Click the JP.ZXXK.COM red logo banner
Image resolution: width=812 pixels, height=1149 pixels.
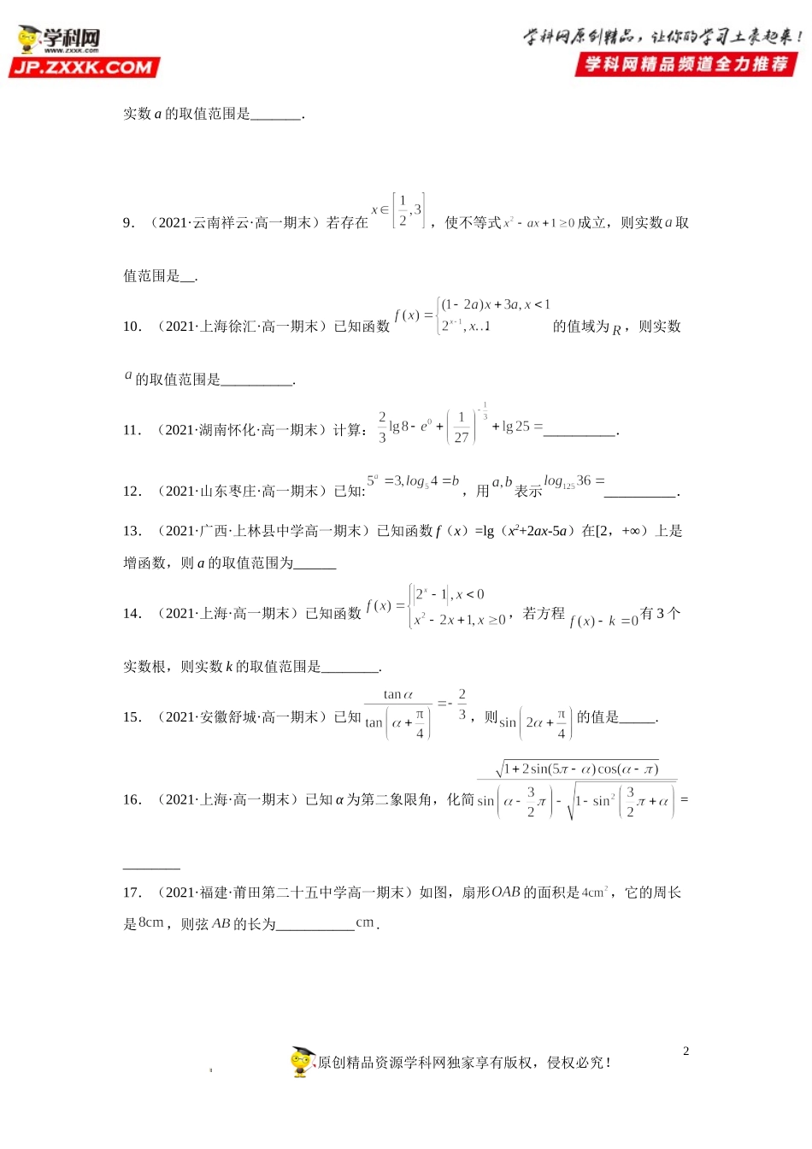point(84,68)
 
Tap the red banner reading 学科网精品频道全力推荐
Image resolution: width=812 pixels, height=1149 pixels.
point(686,64)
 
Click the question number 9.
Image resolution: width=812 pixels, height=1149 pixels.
point(128,223)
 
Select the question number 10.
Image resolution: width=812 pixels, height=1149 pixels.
point(132,327)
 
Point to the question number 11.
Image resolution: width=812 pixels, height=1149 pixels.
point(132,430)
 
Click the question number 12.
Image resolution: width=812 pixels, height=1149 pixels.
point(132,492)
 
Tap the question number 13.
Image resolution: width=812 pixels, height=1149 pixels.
point(132,532)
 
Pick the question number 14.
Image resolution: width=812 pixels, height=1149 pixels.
point(132,614)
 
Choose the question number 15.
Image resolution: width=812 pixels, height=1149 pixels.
point(132,717)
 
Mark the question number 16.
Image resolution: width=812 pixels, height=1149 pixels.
point(132,800)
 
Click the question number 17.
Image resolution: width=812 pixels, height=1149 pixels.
point(132,893)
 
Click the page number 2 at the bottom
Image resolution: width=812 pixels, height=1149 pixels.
point(685,1052)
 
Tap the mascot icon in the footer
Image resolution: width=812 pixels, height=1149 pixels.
point(303,1061)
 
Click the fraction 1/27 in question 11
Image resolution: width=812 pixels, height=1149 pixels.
point(462,427)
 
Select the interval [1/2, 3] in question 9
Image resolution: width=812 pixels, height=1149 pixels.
point(408,210)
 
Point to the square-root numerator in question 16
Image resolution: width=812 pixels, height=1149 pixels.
point(578,769)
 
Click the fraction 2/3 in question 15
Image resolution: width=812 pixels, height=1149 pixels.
point(462,704)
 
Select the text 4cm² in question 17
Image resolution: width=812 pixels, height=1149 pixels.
point(596,893)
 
